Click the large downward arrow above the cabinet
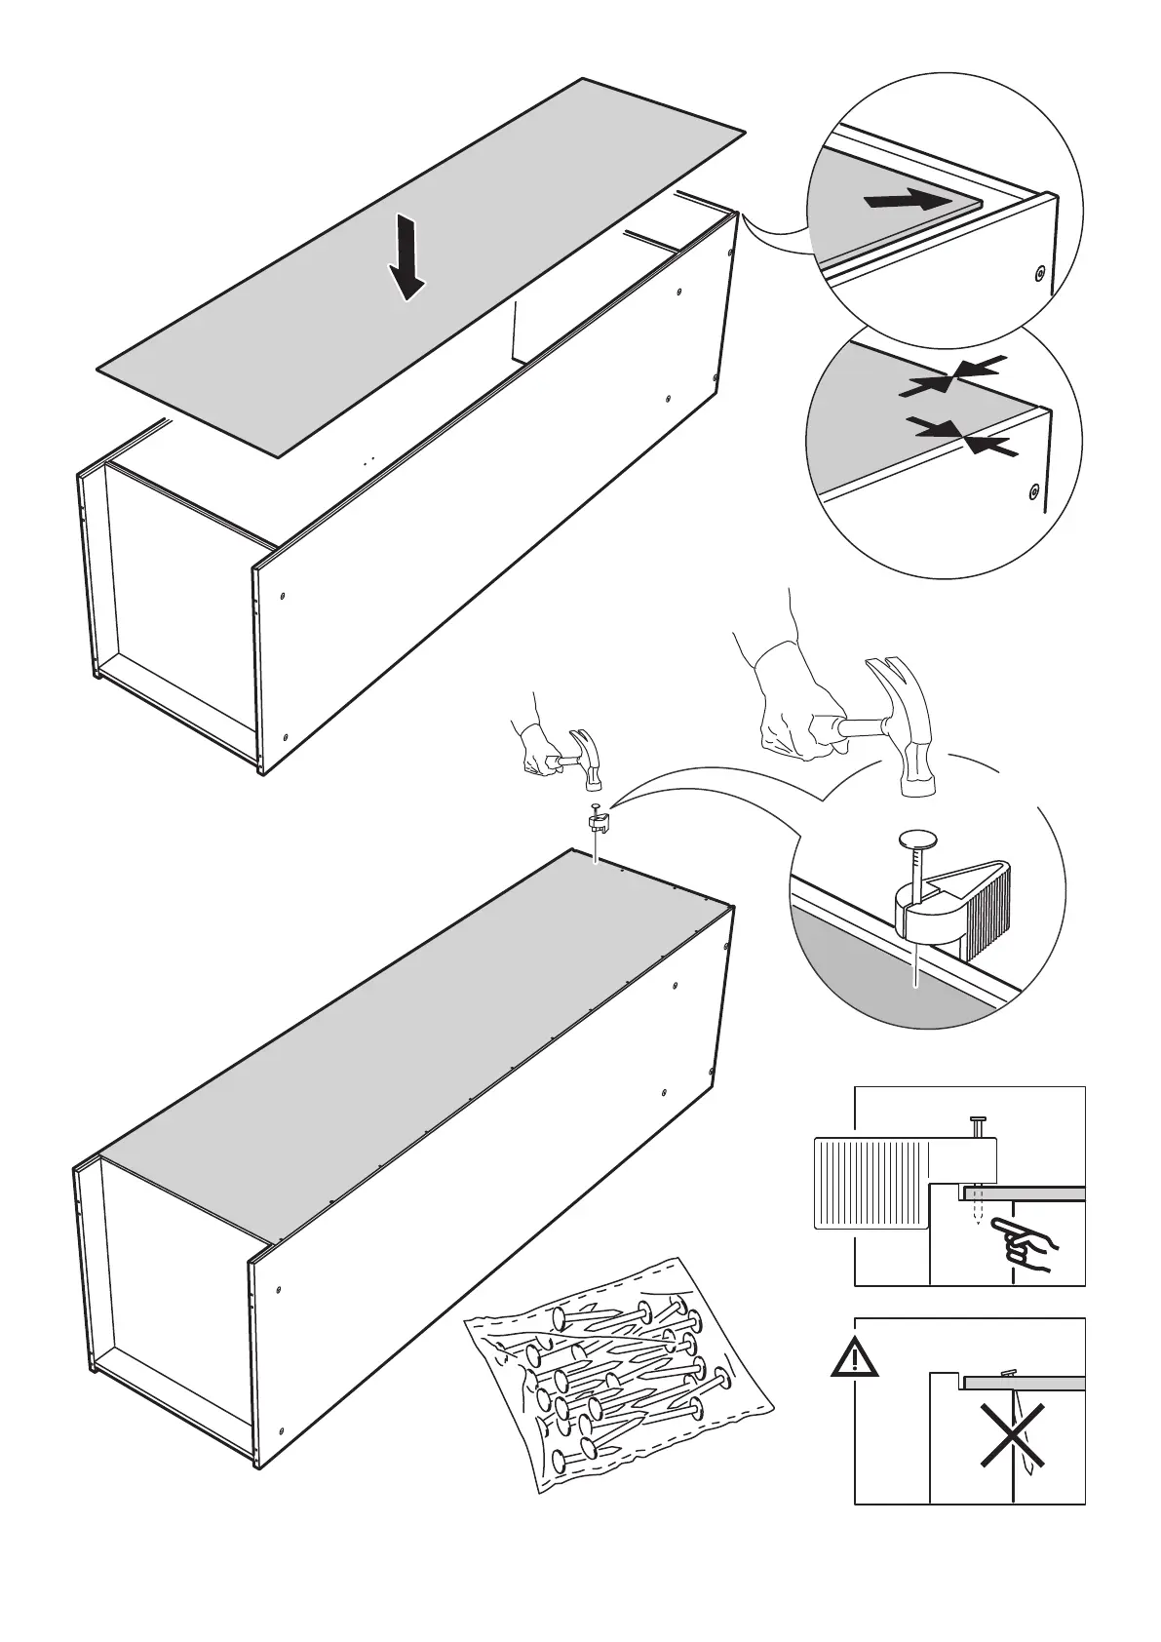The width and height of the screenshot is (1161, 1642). point(408,258)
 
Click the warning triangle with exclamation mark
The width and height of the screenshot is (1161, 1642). point(855,1358)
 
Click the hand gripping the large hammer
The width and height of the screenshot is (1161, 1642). point(794,707)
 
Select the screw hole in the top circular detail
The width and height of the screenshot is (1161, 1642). point(1040,274)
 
